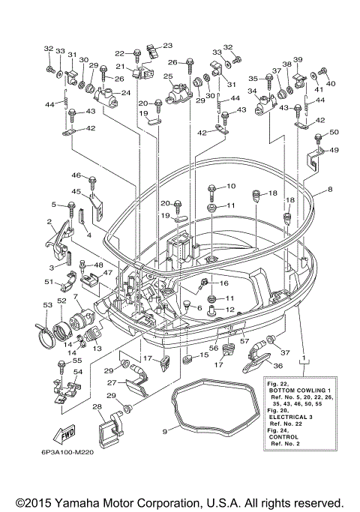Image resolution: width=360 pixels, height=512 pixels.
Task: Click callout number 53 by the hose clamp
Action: [x=46, y=305]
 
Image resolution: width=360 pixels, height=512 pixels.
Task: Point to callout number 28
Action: [x=97, y=407]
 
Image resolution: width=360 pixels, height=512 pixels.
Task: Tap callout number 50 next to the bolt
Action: [x=334, y=132]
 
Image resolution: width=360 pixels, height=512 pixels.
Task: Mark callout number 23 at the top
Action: [x=167, y=46]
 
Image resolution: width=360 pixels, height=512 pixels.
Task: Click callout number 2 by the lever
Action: [x=48, y=222]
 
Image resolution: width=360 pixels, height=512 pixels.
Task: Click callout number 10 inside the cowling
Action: [x=231, y=186]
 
